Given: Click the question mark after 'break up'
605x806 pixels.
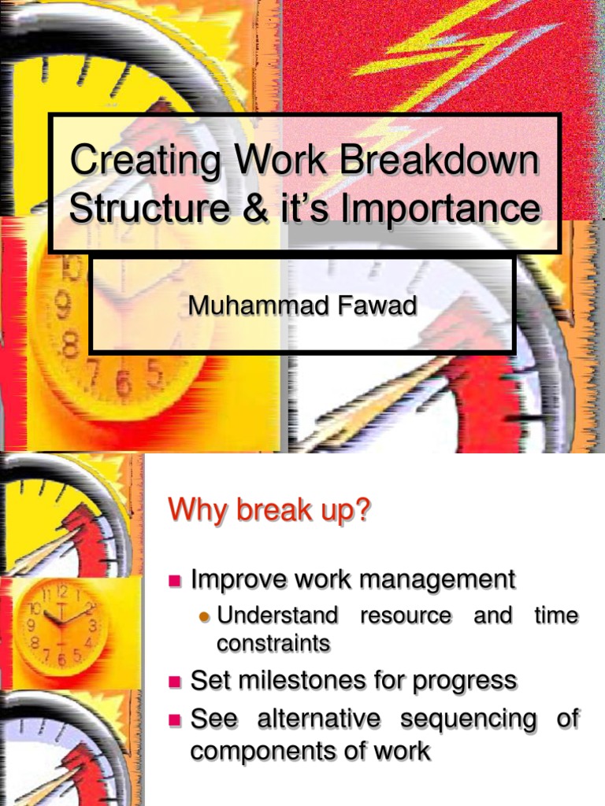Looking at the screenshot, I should click(x=362, y=510).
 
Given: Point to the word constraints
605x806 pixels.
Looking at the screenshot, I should click(x=273, y=643).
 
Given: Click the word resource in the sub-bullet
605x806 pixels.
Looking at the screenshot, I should click(x=406, y=615).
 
